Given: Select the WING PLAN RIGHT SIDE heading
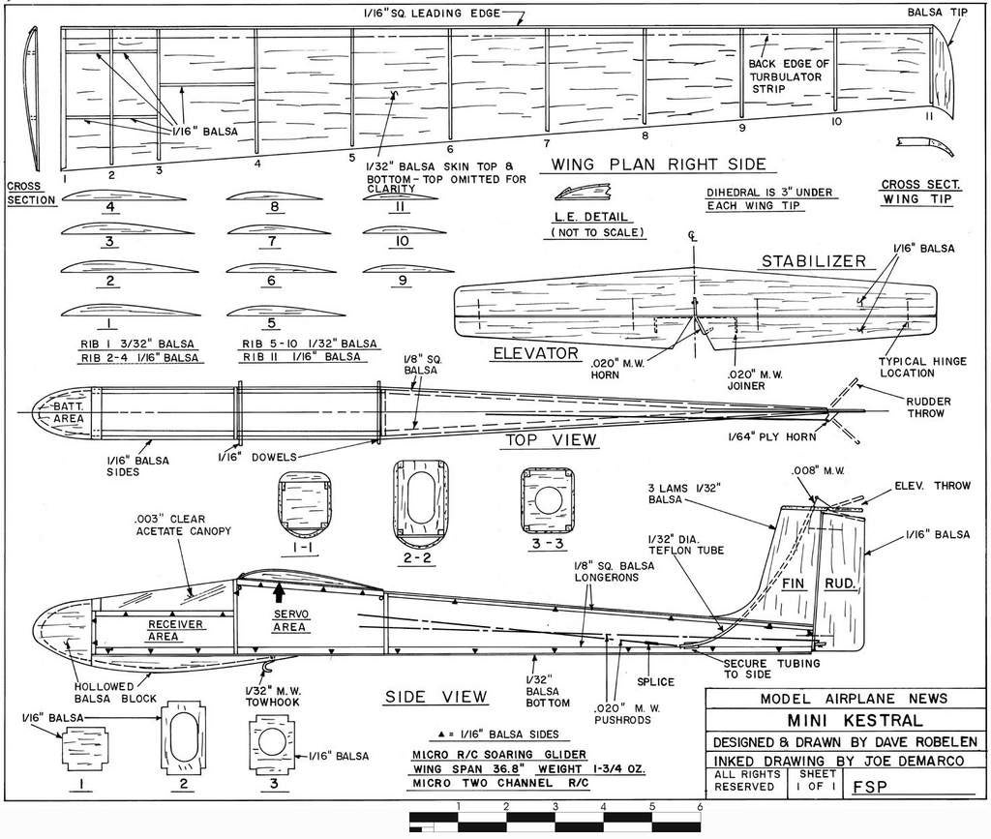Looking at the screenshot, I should pyautogui.click(x=658, y=164).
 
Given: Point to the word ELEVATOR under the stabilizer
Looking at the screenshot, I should pyautogui.click(x=535, y=353).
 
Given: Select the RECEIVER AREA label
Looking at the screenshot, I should pyautogui.click(x=175, y=630).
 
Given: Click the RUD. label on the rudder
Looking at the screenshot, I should pyautogui.click(x=837, y=584).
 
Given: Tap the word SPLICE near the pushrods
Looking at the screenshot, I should pyautogui.click(x=655, y=682).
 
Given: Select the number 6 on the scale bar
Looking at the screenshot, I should pyautogui.click(x=699, y=805).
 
